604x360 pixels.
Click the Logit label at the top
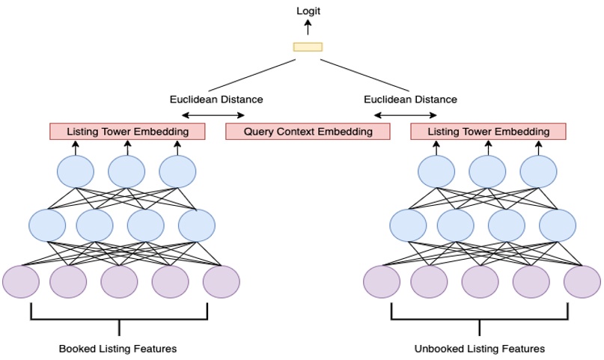308,11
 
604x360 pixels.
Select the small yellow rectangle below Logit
308,47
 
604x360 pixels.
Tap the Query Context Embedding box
308,132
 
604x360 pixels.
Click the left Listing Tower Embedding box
127,132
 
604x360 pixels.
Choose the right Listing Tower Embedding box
488,132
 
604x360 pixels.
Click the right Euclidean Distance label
410,99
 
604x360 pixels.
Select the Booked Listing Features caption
118,349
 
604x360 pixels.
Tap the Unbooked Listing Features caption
480,349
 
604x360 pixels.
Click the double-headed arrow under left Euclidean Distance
214,115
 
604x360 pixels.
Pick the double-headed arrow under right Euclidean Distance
406,115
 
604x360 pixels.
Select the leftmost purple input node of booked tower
21,281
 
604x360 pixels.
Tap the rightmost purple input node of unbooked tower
582,281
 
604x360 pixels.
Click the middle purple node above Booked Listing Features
119,281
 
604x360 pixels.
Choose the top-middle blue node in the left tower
126,172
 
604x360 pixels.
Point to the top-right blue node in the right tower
538,172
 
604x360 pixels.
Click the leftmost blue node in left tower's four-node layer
47,225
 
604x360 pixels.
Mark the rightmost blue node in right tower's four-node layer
558,225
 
